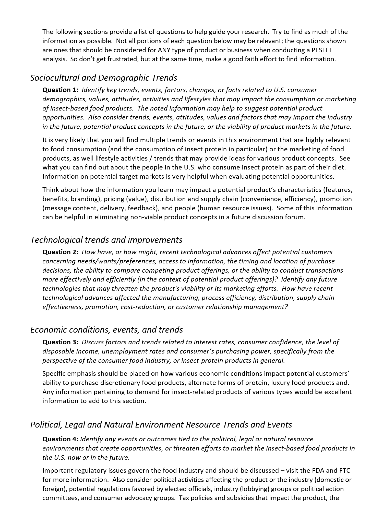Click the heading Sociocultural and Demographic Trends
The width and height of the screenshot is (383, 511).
pos(103,78)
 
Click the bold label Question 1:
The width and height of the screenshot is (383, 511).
pos(60,90)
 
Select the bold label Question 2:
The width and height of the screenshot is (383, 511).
pos(60,252)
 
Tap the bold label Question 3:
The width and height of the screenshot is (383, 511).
pos(60,342)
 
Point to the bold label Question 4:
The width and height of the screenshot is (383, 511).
pos(60,439)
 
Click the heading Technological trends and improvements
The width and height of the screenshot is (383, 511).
pos(106,240)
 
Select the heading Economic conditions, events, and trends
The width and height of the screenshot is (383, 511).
pos(106,330)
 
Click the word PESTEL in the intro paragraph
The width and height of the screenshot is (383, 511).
pos(322,50)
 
